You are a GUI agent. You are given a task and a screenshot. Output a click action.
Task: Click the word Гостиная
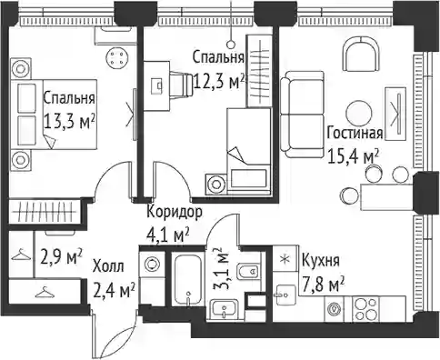pos(355,134)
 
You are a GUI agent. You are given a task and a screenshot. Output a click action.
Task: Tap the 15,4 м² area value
pos(354,157)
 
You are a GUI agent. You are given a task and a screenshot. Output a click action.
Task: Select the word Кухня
pos(321,260)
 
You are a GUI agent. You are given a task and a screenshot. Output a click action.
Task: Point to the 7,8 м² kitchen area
pos(324,285)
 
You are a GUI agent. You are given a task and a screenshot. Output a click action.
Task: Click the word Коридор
pos(175,212)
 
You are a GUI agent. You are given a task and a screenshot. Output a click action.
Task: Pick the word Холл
pos(108,267)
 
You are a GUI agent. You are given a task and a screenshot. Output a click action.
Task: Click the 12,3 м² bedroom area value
pos(219,82)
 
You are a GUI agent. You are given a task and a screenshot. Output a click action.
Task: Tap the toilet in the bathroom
pos(249,271)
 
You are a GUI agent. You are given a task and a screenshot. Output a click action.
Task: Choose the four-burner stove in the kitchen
pos(366,309)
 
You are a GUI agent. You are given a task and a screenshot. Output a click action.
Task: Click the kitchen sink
pos(285,295)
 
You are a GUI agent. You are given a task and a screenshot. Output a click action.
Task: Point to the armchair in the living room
pos(361,54)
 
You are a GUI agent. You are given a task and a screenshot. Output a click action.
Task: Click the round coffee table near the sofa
pos(359,113)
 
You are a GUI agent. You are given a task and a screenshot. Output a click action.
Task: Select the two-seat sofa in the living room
pos(302,115)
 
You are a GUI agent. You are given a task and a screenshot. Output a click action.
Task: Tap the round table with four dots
pos(117,57)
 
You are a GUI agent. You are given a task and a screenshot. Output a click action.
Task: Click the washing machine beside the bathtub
pos(152,264)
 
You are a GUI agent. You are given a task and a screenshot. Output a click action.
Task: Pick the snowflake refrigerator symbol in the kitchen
pos(284,260)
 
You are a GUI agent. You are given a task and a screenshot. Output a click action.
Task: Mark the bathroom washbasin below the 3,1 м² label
pos(224,309)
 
